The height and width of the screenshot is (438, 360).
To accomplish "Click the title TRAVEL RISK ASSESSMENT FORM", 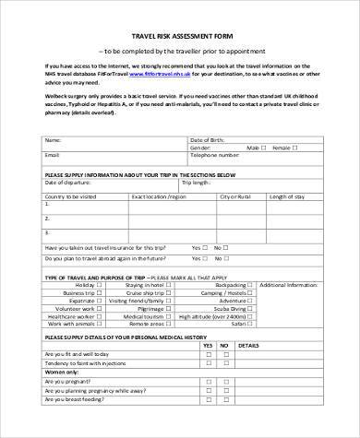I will [x=180, y=32].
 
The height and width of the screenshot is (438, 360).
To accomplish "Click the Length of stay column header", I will [x=284, y=196].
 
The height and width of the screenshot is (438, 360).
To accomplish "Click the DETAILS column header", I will [x=273, y=346].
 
